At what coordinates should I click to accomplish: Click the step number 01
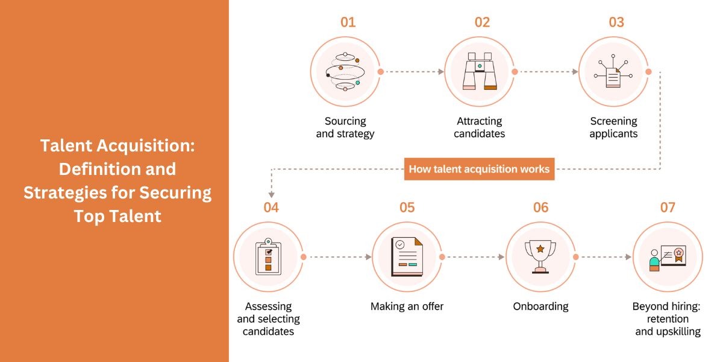(x=348, y=23)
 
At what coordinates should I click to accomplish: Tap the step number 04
(x=271, y=208)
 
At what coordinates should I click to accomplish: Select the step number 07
(x=667, y=208)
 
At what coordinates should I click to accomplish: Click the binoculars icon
(x=480, y=72)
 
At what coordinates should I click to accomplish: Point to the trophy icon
(x=540, y=256)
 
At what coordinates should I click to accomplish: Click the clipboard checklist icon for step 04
(x=268, y=258)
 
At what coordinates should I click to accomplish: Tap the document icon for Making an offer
(x=407, y=257)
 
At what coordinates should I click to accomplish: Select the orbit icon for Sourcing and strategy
(x=345, y=72)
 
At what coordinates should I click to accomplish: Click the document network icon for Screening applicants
(x=613, y=72)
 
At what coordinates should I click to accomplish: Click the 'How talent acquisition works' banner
(x=479, y=169)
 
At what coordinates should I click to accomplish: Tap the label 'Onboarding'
(x=540, y=306)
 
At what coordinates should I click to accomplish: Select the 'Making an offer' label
(x=407, y=306)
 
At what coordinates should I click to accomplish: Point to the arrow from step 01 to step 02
(x=413, y=72)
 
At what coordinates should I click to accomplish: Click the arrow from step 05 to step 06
(x=474, y=257)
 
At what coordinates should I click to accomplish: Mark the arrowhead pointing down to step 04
(x=271, y=194)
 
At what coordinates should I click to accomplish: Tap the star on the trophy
(x=540, y=249)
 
